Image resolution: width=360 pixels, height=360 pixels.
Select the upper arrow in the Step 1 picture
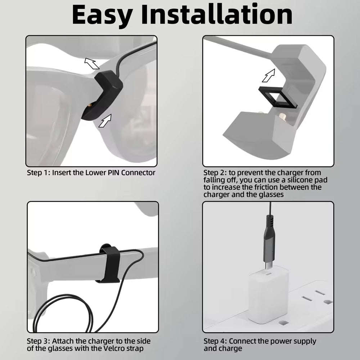point(92,63)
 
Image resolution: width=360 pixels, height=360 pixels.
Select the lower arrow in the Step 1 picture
point(105,121)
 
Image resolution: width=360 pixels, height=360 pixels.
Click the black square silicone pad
point(278,98)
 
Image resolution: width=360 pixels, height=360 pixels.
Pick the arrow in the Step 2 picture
point(269,76)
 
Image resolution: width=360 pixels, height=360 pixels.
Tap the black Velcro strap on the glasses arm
point(110,264)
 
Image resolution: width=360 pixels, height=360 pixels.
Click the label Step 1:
point(39,173)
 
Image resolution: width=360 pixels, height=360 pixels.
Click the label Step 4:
point(215,341)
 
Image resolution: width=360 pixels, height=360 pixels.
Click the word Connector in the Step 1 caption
point(138,173)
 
